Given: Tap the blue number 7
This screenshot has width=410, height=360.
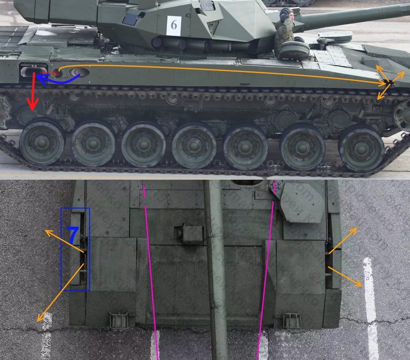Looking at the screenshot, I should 73,235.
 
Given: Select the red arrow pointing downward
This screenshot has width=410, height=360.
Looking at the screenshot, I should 33,91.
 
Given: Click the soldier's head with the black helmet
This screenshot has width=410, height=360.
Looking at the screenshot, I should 286,15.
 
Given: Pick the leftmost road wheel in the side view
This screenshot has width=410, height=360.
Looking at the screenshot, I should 42,142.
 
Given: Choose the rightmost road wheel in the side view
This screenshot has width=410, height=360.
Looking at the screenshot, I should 361,148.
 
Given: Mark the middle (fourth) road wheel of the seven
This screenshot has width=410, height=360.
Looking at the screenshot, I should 194,147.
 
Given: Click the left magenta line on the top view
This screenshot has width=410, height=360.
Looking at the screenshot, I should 150,266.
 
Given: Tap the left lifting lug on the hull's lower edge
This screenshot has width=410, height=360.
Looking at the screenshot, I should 119,320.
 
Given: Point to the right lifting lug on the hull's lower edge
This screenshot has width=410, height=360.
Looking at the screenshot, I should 291,320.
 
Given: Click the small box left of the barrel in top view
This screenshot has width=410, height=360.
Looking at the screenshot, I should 192,234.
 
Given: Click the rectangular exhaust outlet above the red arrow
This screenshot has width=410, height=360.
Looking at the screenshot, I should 33,71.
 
